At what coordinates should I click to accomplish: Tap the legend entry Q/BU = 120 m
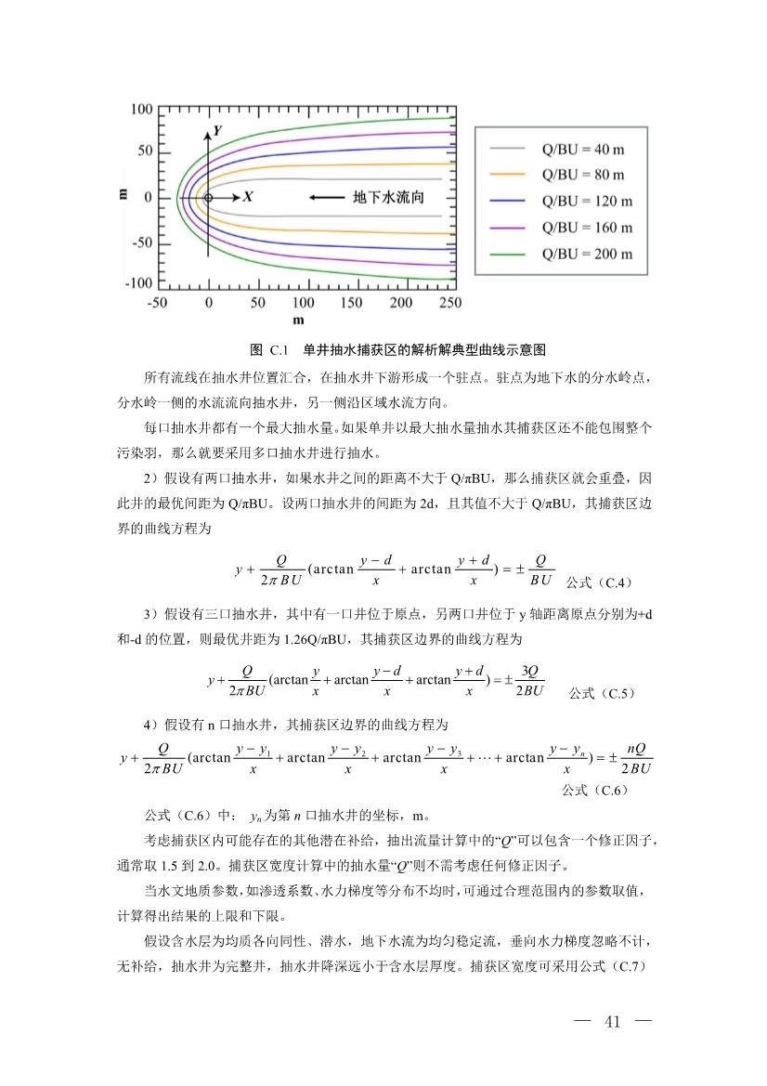point(587,201)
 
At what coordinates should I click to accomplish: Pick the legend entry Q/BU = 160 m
point(587,228)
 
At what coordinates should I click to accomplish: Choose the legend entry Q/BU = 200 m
point(587,255)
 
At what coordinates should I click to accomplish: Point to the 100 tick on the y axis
point(141,110)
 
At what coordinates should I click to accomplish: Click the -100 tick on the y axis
point(139,282)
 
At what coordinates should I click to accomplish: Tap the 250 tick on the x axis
point(449,303)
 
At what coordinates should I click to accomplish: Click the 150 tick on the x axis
point(352,303)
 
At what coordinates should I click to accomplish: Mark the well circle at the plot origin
point(208,198)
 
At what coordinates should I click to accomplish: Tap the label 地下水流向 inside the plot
point(389,198)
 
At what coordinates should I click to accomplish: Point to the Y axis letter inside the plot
point(217,131)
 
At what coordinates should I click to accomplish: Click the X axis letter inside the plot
point(248,198)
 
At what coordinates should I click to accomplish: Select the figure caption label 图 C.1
point(270,350)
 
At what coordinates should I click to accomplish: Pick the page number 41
point(613,1023)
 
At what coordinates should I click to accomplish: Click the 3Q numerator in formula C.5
point(530,672)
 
